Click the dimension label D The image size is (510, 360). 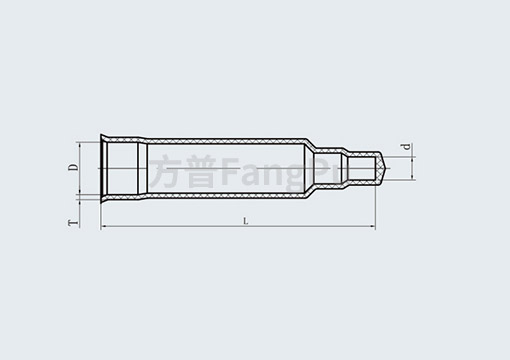point(73,167)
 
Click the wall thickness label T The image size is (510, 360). point(73,222)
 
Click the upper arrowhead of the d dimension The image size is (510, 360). point(410,156)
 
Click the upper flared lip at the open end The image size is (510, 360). point(105,138)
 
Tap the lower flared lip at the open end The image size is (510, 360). point(105,197)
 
